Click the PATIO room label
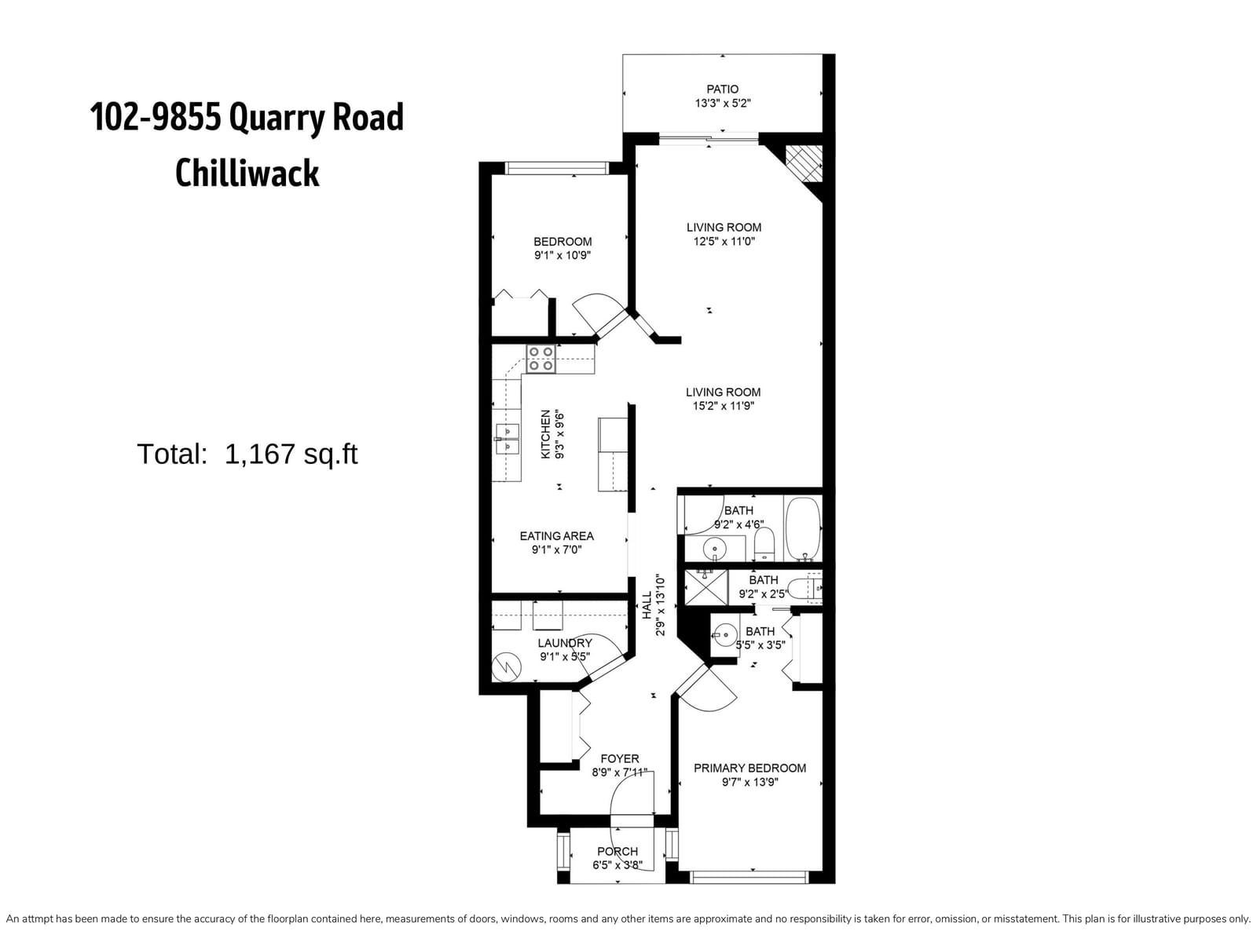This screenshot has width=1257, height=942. pos(722,89)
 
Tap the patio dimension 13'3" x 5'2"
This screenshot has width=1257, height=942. pos(722,104)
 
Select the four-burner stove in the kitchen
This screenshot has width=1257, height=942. pos(541,360)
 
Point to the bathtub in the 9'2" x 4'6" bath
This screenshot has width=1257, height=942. pos(803,528)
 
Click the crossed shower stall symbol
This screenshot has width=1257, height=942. pos(706,587)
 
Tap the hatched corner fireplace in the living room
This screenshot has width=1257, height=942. pos(804,163)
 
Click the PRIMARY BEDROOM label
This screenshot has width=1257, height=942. pos(749,769)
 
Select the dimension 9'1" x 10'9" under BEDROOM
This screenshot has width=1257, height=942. pos(563,256)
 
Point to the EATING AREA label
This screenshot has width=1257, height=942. pos(557,536)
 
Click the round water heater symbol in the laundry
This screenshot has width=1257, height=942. pos(507,667)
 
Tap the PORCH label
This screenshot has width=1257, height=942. pos(618,852)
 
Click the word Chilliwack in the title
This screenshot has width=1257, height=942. pos(247,173)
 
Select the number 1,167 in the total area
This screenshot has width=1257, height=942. pos(261,455)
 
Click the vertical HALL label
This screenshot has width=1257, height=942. pos(647,605)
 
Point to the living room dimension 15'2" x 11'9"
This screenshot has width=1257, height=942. pos(724,406)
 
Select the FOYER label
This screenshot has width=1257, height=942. pos(620,759)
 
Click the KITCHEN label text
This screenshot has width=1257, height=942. pos(546,434)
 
